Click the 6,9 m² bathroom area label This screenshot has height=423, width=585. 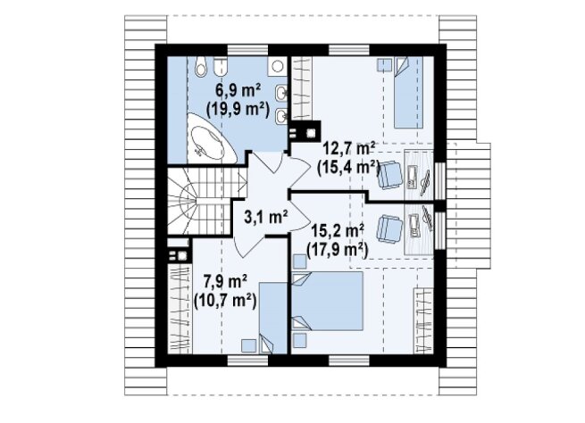(238, 90)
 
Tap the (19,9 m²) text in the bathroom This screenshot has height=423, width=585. (238, 110)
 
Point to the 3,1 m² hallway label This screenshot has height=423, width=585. (265, 217)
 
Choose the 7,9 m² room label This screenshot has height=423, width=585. (224, 281)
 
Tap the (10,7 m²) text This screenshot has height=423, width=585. (225, 301)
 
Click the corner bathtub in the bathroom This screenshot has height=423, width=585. (210, 138)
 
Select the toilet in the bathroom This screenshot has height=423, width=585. (201, 67)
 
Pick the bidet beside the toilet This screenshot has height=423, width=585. (221, 67)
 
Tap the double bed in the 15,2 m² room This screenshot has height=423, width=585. (328, 301)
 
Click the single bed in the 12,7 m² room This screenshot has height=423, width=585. (409, 93)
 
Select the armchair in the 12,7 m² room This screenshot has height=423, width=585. (391, 175)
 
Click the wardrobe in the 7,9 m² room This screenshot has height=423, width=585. (180, 309)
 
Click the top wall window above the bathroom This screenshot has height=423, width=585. (247, 50)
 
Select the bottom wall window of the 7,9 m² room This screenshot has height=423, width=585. (247, 360)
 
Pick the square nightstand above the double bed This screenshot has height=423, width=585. (299, 261)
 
